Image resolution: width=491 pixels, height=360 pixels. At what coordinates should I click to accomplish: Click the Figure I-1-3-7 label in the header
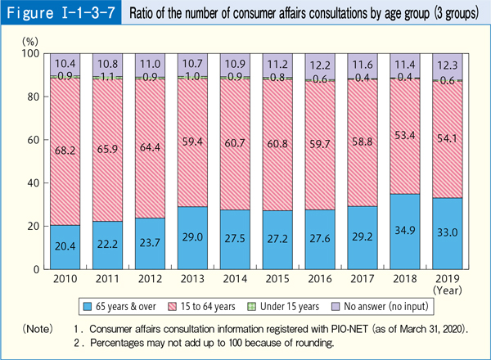(x=61, y=16)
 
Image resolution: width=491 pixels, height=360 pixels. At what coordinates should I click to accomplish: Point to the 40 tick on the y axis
(x=33, y=182)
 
